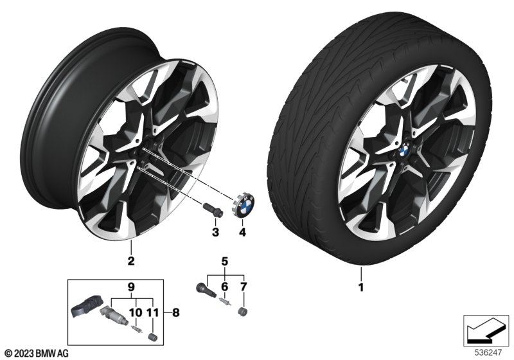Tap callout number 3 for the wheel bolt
click(x=216, y=231)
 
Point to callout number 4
click(x=242, y=231)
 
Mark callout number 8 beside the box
click(x=168, y=313)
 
